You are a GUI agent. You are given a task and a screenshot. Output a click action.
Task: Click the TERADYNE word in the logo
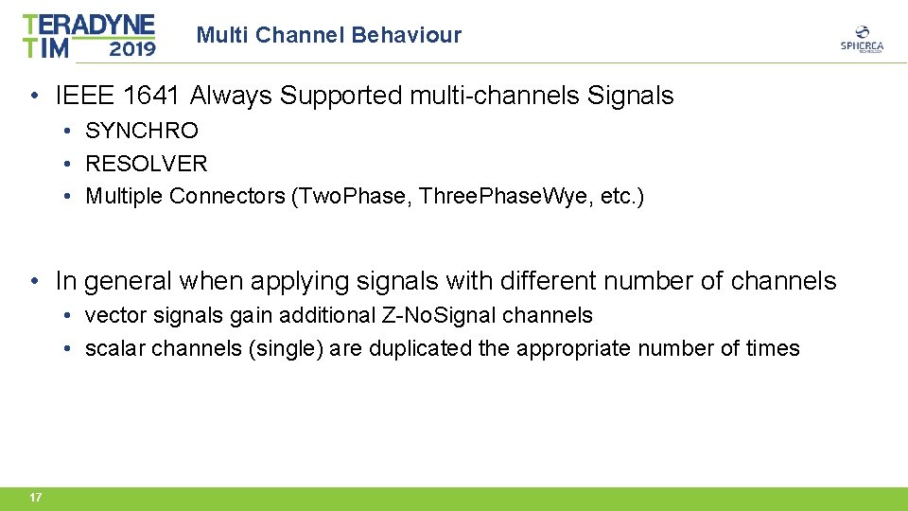(x=88, y=25)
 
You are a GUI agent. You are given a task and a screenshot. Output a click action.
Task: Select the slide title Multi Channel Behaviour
(x=329, y=36)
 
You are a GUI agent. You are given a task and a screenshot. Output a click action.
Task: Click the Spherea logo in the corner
(x=861, y=39)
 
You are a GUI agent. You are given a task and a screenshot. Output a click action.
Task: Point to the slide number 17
(x=35, y=498)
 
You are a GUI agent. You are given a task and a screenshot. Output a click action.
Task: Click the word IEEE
(x=83, y=96)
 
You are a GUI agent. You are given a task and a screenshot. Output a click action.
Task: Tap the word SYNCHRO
(x=142, y=131)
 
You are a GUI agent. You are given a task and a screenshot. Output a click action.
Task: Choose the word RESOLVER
(x=147, y=164)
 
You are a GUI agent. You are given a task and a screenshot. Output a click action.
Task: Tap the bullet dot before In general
(x=34, y=281)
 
